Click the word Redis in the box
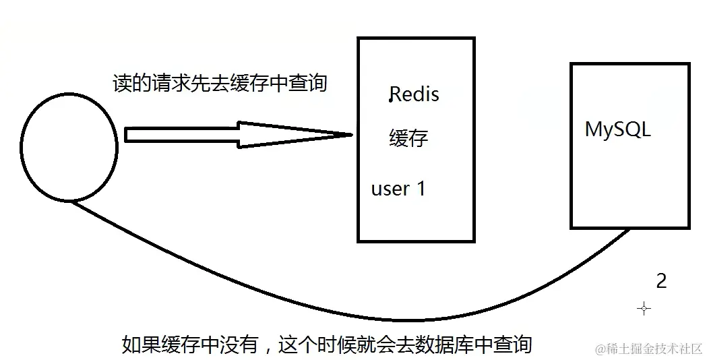tap(414, 94)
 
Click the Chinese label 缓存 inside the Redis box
tap(408, 138)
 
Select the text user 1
tap(398, 189)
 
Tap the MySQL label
tap(617, 129)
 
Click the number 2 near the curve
tap(661, 281)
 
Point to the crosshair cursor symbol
tap(644, 308)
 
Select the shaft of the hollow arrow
tap(182, 135)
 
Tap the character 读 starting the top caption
tap(121, 82)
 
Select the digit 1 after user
tap(421, 189)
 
